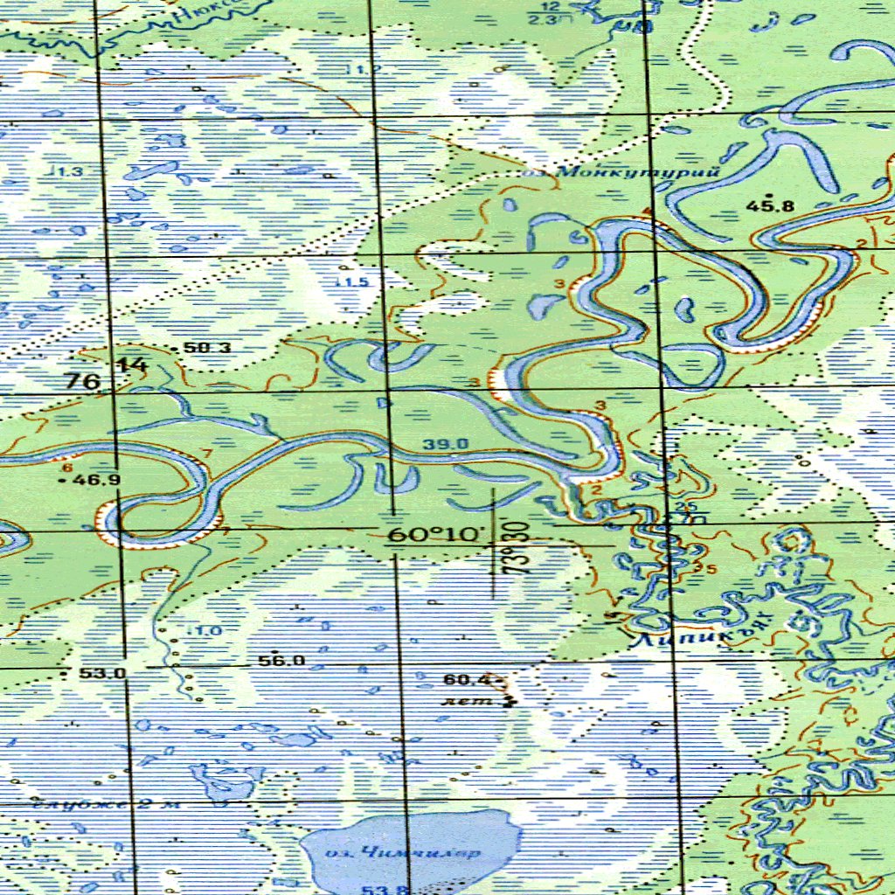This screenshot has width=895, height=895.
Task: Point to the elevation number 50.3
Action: click(x=208, y=348)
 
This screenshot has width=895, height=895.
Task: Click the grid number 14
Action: click(x=133, y=365)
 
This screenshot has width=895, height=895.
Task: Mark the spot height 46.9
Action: click(x=96, y=480)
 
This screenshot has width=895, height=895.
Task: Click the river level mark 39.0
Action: click(x=446, y=445)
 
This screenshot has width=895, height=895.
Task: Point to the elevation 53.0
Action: click(x=102, y=673)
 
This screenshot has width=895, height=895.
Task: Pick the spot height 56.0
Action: click(x=281, y=661)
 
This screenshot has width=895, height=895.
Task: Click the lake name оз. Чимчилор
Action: click(x=402, y=853)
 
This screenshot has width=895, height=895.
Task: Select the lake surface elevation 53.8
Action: click(x=382, y=889)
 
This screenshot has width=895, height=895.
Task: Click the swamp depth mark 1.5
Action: click(x=355, y=282)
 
